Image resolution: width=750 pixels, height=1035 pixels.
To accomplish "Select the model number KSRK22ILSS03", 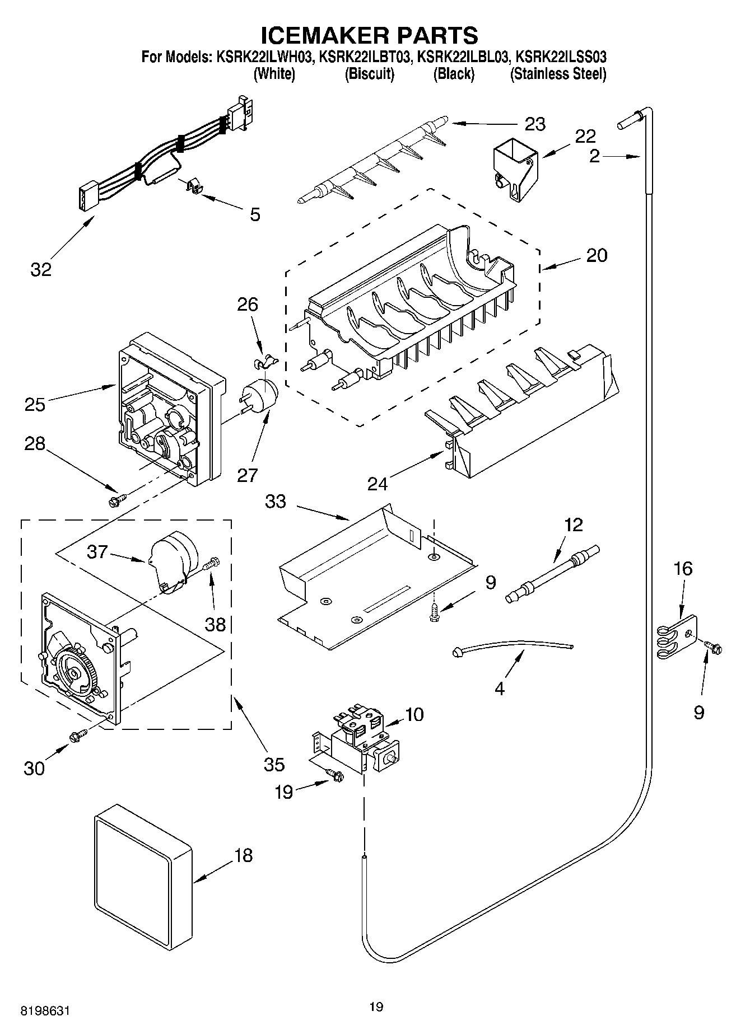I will (562, 57).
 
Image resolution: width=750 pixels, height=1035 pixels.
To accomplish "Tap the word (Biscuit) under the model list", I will (369, 74).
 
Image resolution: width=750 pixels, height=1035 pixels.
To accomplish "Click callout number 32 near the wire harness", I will (41, 269).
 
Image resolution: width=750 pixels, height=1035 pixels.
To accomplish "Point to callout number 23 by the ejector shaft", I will (535, 123).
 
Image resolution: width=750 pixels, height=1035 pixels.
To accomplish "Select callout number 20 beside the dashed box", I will (597, 255).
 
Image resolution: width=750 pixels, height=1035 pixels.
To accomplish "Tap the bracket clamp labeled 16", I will (678, 636).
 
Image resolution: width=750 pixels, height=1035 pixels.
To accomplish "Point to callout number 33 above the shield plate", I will (276, 502).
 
